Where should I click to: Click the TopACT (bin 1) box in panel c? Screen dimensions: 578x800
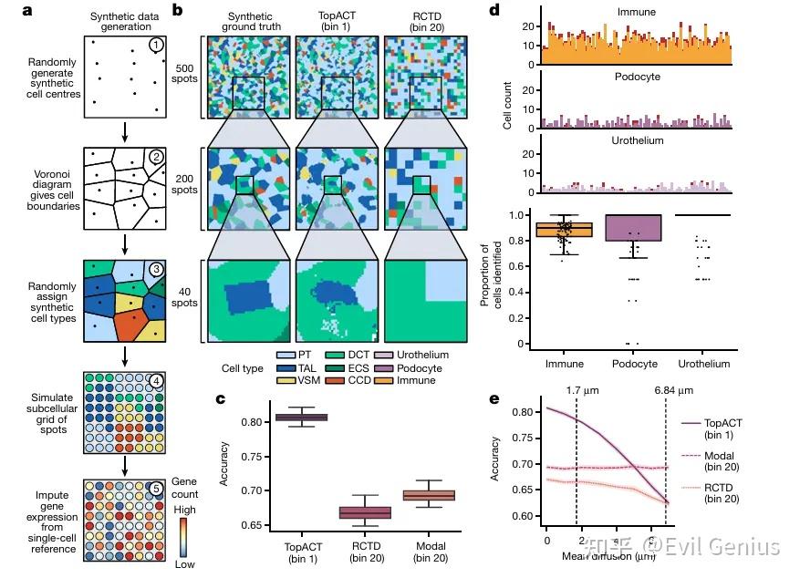pyautogui.click(x=301, y=417)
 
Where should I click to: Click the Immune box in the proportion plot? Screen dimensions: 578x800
pyautogui.click(x=564, y=229)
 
